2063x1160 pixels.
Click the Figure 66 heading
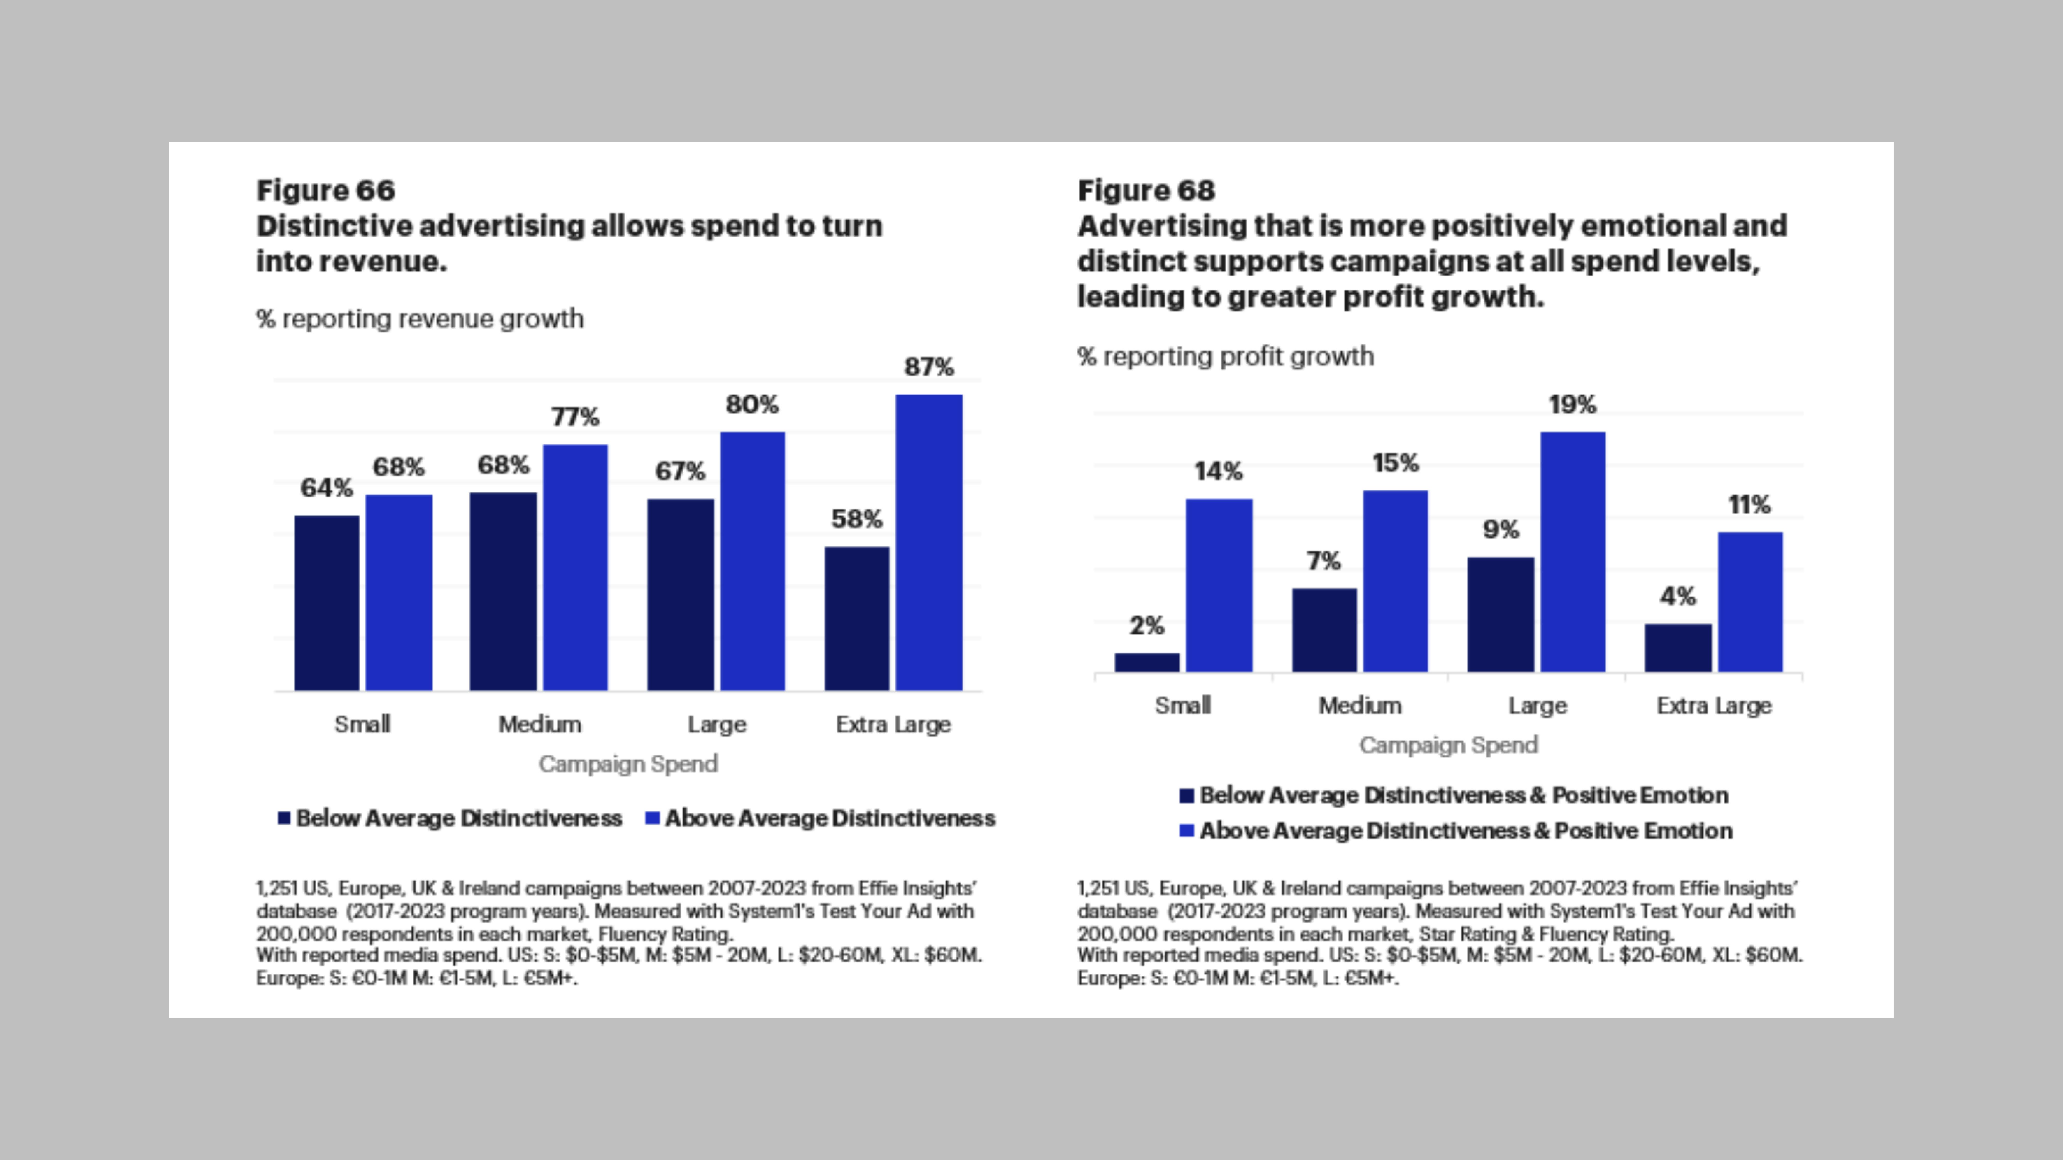pyautogui.click(x=325, y=190)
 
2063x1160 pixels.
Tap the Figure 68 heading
pyautogui.click(x=1146, y=190)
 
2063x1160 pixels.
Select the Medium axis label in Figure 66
pyautogui.click(x=540, y=725)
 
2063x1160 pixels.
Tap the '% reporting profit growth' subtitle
pyautogui.click(x=1225, y=356)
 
